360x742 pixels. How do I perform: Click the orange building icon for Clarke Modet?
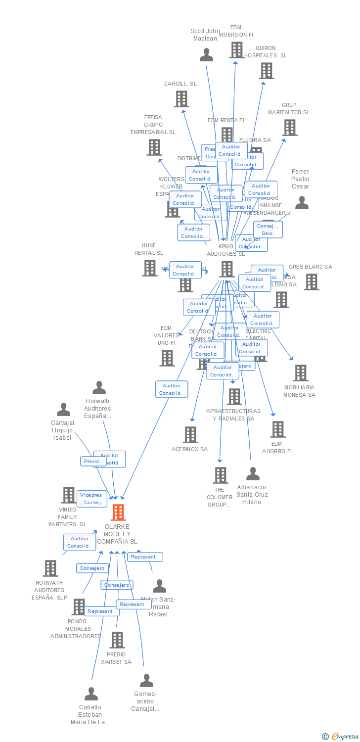(x=118, y=512)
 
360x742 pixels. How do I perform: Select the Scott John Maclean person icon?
(x=206, y=54)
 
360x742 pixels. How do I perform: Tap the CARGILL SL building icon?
(x=181, y=99)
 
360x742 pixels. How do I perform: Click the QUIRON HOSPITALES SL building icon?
(x=266, y=71)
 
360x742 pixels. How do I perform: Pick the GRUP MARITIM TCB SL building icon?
(x=289, y=127)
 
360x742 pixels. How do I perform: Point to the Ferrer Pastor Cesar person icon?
(x=301, y=203)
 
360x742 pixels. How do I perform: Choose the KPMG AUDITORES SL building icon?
(x=226, y=269)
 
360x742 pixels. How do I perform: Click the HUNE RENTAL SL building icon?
(x=150, y=268)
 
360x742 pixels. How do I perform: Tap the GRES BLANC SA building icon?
(x=311, y=281)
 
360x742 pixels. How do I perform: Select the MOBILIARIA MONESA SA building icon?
(x=300, y=373)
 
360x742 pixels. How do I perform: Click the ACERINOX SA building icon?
(x=190, y=435)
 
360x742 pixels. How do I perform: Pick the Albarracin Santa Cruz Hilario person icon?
(x=253, y=474)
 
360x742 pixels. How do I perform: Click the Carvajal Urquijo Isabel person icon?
(x=63, y=410)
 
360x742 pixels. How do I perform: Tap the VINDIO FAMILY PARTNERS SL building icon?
(x=68, y=495)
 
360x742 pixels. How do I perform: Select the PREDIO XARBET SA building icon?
(x=117, y=640)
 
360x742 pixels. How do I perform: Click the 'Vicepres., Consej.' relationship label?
(x=92, y=499)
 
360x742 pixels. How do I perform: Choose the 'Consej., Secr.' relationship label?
(x=268, y=230)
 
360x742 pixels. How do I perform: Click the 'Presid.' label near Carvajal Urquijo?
(x=92, y=461)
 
